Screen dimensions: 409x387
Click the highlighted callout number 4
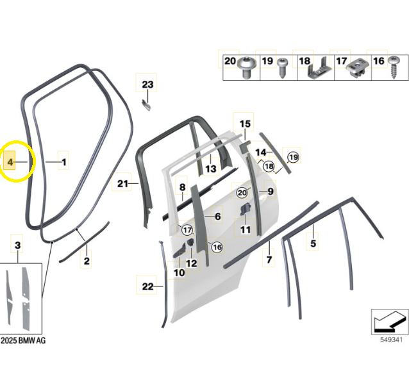(10, 162)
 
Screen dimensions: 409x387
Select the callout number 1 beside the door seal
(64, 162)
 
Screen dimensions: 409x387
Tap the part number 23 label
(147, 85)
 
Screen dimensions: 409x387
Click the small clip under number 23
(146, 105)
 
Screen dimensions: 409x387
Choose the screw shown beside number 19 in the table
(283, 67)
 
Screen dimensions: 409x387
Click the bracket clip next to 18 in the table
(319, 69)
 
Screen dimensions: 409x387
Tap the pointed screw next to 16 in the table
(394, 67)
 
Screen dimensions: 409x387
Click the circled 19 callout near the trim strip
(293, 157)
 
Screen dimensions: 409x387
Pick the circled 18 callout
(269, 166)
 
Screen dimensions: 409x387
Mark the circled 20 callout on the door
(242, 192)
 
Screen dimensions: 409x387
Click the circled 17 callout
(187, 230)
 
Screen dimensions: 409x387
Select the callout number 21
(122, 184)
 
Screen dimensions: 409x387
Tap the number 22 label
(147, 286)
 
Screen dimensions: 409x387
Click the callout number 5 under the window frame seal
(313, 243)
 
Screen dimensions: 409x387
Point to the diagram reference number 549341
(391, 340)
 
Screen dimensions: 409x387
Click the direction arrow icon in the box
(390, 322)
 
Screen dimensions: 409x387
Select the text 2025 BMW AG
(23, 341)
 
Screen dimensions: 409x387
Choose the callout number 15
(245, 124)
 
